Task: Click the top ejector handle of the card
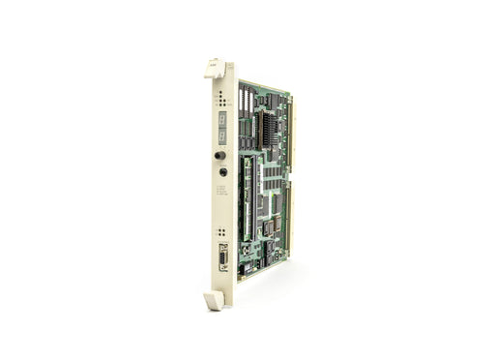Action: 216,67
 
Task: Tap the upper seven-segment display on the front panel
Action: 220,118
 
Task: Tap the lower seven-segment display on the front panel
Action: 220,135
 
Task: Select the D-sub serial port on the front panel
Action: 221,258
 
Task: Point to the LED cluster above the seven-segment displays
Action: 220,99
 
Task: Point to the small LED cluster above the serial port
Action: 221,233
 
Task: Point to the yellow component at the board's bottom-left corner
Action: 243,271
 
